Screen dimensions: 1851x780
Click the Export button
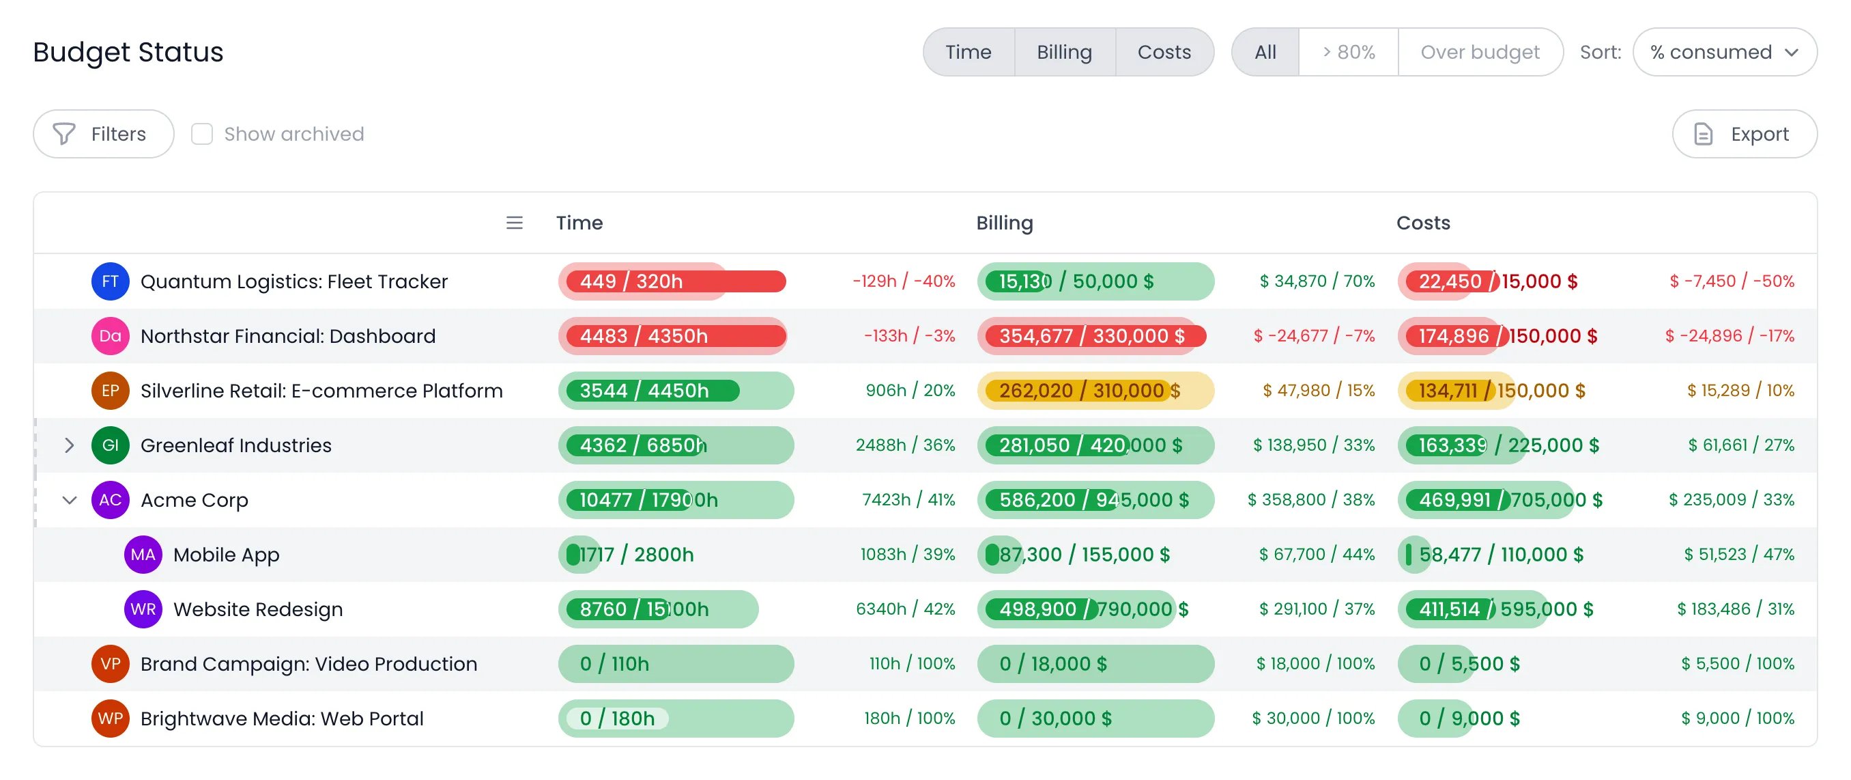coord(1744,134)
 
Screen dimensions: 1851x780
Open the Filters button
coord(104,134)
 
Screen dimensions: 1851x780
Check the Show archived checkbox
coord(202,134)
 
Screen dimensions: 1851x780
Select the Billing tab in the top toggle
coord(1064,52)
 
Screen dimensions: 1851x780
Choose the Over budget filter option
coord(1480,52)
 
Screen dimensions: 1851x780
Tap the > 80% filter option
coord(1349,52)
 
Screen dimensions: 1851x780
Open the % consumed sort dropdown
coord(1725,52)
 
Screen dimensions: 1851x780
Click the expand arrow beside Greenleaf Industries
coord(69,445)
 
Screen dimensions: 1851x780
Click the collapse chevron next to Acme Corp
coord(69,500)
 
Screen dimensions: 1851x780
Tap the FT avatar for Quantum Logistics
coord(110,281)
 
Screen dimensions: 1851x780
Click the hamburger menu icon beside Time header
coord(515,223)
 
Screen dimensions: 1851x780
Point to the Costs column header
coord(1423,223)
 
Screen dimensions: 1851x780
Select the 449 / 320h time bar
coord(676,281)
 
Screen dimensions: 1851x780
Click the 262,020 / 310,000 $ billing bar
coord(1095,391)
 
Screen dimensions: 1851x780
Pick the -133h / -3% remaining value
coord(909,336)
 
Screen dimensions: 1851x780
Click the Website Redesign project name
coord(258,609)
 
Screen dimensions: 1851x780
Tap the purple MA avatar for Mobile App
coord(143,555)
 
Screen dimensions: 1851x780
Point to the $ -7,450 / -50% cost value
coord(1732,281)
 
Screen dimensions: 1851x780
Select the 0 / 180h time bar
coord(676,718)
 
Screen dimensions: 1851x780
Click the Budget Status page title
coord(128,52)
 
